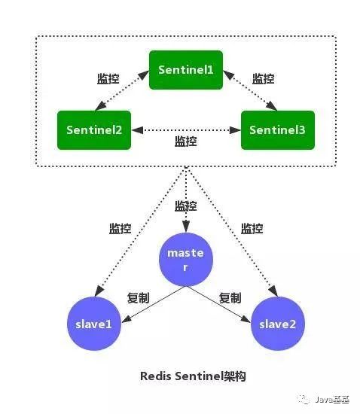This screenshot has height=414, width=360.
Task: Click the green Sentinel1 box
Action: tap(186, 68)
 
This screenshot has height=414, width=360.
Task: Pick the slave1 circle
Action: tap(93, 324)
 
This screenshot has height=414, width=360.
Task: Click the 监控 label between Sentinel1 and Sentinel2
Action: tap(109, 79)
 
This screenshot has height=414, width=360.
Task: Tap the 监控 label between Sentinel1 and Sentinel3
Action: tap(263, 79)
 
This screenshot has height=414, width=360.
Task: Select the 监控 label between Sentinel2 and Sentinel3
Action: tap(186, 141)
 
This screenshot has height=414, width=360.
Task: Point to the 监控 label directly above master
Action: tap(186, 205)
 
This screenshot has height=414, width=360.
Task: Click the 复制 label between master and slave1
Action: tap(139, 298)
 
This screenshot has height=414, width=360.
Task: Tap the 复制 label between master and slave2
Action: tap(230, 298)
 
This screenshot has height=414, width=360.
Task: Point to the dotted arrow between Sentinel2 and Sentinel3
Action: tap(186, 129)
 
